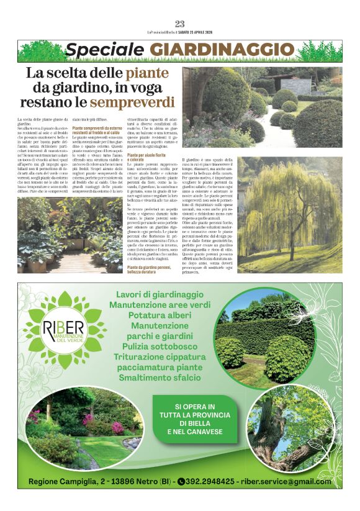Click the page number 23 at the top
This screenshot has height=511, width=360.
click(180, 24)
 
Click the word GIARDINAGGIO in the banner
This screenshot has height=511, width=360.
click(222, 50)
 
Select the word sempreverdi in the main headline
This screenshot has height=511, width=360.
click(131, 101)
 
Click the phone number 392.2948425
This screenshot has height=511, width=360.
click(210, 481)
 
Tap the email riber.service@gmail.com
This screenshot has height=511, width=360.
click(286, 481)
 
